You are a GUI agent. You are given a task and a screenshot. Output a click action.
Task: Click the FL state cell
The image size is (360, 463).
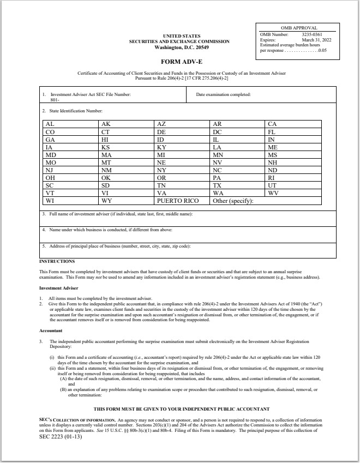click(x=272, y=132)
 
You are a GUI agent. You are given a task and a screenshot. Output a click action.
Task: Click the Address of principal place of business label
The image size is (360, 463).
click(x=116, y=246)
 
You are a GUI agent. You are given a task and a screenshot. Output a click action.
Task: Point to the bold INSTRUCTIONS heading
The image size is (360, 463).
click(x=53, y=261)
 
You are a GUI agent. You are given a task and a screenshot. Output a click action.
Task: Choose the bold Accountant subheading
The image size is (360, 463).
click(x=51, y=330)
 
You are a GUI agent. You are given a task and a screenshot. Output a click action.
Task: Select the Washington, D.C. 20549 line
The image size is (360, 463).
click(x=179, y=46)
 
